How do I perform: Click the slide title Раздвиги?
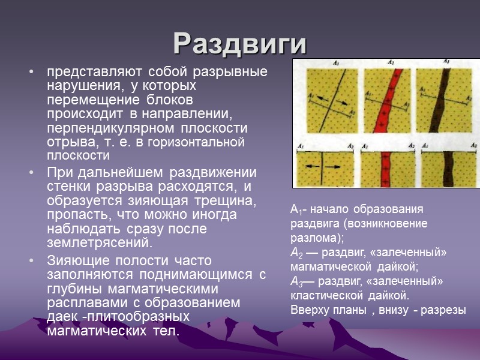tap(240, 43)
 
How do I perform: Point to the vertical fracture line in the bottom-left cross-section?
tap(323, 167)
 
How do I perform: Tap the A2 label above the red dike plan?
tap(391, 62)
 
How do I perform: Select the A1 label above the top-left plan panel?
tap(337, 62)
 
